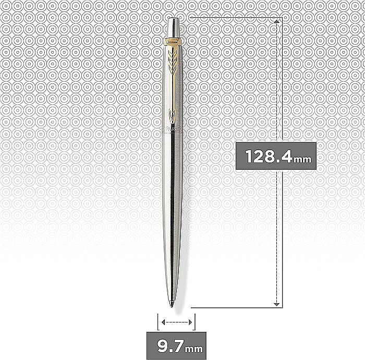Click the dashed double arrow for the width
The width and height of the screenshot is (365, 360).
(176, 322)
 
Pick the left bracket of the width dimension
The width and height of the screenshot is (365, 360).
(157, 322)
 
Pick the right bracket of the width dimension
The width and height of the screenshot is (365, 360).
(194, 322)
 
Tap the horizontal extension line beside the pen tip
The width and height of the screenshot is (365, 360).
(235, 306)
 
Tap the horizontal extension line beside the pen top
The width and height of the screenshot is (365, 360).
(235, 17)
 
